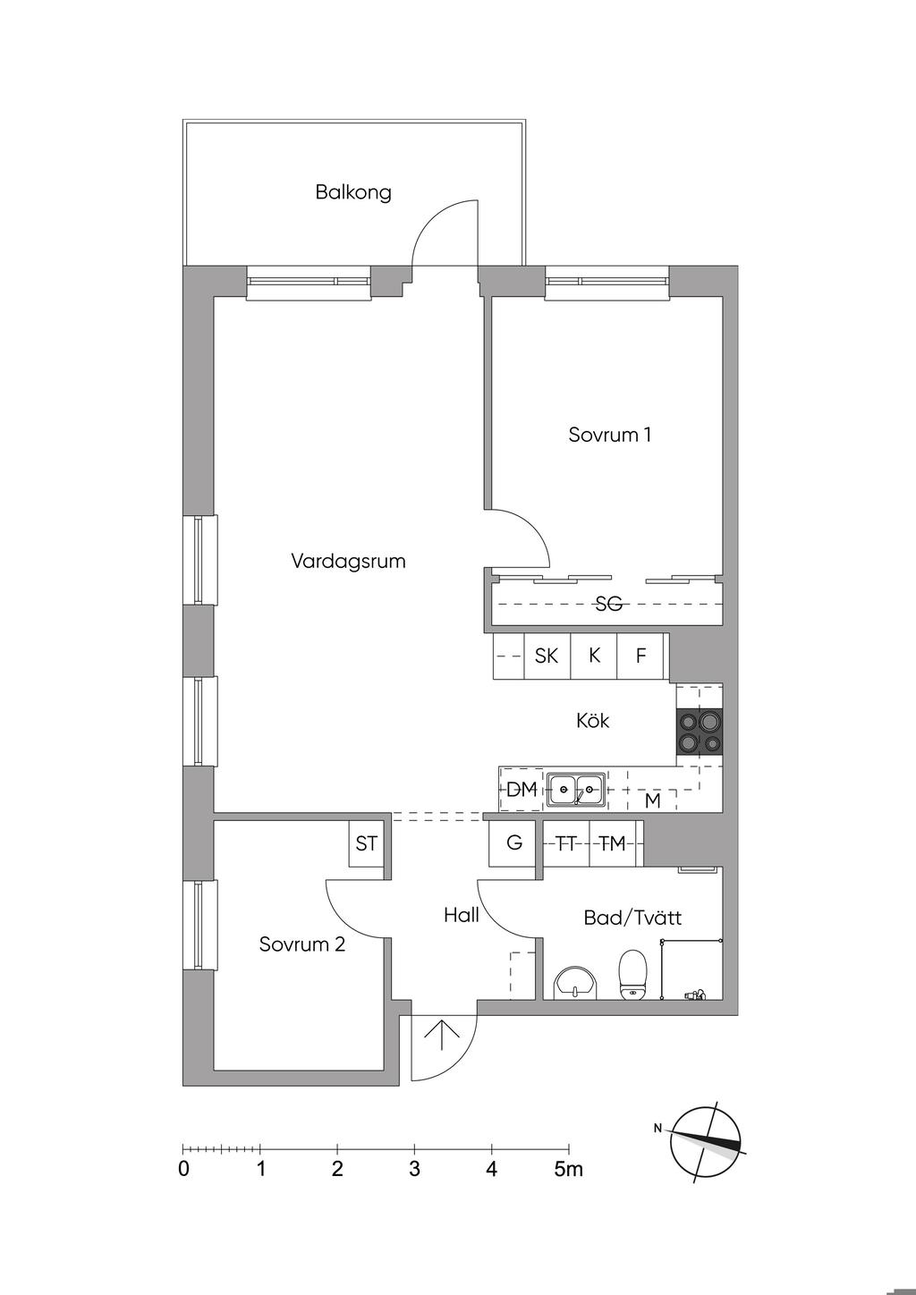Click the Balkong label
coord(353,192)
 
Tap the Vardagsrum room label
coord(348,561)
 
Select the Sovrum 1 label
coord(609,434)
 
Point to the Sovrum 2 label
coord(301,944)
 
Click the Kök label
coord(593,720)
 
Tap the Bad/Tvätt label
coord(632,918)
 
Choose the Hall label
coord(462,915)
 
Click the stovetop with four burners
coord(700,732)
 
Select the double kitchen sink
coord(575,790)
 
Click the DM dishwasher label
coord(522,789)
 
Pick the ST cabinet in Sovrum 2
coord(366,843)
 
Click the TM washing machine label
coord(613,844)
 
